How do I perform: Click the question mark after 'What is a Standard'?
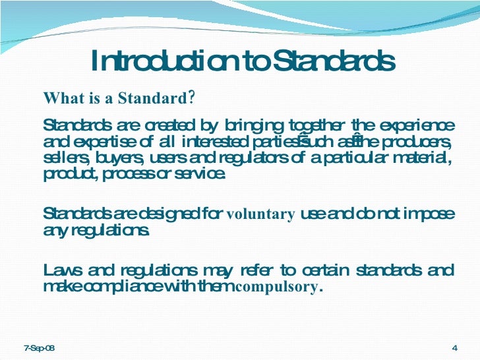point(191,98)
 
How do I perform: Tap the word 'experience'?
point(417,125)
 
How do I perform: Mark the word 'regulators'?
point(251,159)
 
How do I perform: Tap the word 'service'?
point(204,175)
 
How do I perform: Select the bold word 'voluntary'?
point(260,214)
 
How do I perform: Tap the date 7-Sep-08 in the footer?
point(40,347)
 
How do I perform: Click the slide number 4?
point(455,347)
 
